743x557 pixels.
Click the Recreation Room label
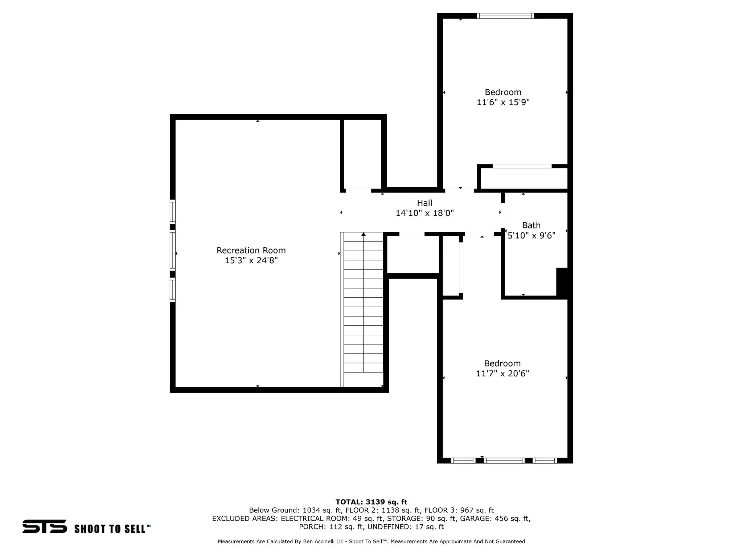[x=251, y=250]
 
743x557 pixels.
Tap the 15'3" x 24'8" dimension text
[x=251, y=260]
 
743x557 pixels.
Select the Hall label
[x=424, y=203]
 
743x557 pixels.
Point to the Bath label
[x=531, y=225]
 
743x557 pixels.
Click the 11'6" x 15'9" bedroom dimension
[x=503, y=102]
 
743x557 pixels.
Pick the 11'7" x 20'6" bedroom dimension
[x=502, y=374]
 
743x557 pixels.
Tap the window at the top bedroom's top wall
[x=505, y=16]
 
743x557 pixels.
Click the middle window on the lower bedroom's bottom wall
[x=504, y=461]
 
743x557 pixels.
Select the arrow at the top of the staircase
[x=364, y=235]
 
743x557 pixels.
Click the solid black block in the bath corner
[x=562, y=283]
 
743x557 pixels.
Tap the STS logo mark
[x=44, y=526]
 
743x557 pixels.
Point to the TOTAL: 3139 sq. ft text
[x=371, y=502]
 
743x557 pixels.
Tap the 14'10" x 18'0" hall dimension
[x=424, y=213]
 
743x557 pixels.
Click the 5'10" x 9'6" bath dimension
[x=531, y=236]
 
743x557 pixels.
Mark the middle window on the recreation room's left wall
[x=173, y=250]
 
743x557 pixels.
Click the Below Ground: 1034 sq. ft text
[x=295, y=510]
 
